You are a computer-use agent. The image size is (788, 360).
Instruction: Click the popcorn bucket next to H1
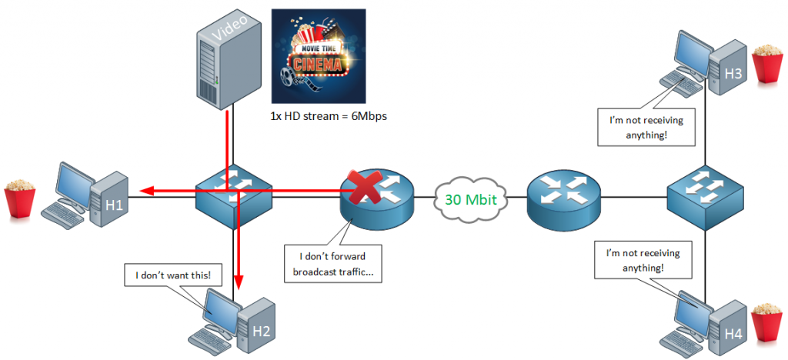[x=18, y=199]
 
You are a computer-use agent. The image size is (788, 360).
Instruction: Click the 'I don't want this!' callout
[x=166, y=275]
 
